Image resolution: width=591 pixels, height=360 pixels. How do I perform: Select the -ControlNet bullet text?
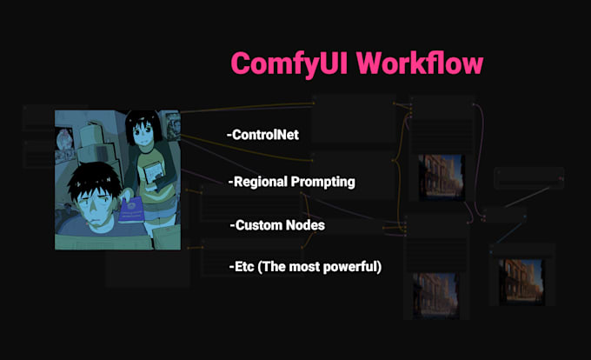[262, 135]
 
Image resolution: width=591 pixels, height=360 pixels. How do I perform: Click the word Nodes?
[307, 225]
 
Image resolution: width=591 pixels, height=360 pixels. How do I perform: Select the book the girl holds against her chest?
[155, 174]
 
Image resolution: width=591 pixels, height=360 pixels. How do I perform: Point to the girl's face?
[140, 137]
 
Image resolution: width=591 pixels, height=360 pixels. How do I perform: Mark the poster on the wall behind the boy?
[64, 143]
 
